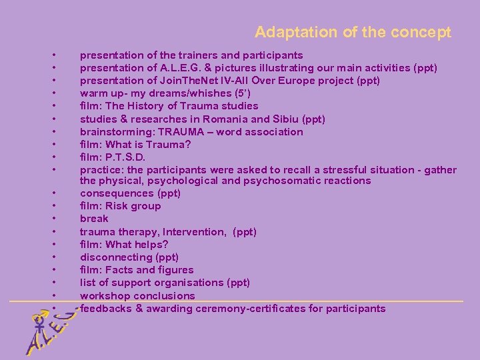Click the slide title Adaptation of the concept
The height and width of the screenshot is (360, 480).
pyautogui.click(x=353, y=32)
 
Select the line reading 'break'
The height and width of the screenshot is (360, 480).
pyautogui.click(x=94, y=219)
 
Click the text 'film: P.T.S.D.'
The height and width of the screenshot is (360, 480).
pyautogui.click(x=113, y=157)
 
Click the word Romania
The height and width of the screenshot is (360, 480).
pyautogui.click(x=215, y=119)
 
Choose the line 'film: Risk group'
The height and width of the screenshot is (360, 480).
pyautogui.click(x=121, y=206)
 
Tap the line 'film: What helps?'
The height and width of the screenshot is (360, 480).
pyautogui.click(x=124, y=245)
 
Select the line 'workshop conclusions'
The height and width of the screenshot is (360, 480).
pyautogui.click(x=137, y=295)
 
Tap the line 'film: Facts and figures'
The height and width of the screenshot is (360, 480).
pyautogui.click(x=137, y=270)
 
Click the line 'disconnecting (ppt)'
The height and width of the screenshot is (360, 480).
pyautogui.click(x=129, y=257)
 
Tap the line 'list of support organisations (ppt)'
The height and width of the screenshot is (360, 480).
pyautogui.click(x=165, y=283)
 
